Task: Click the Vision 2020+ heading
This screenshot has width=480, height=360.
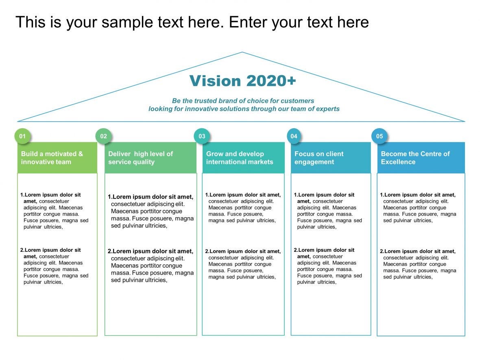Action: click(x=242, y=81)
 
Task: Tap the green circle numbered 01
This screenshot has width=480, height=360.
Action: click(x=22, y=136)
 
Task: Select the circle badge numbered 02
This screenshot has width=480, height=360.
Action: click(x=103, y=136)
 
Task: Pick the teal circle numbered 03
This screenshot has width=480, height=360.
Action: click(x=202, y=136)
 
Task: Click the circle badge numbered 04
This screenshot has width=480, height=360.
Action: click(x=294, y=136)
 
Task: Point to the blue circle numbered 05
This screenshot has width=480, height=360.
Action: click(x=380, y=136)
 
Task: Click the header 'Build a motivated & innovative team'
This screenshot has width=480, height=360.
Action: click(x=52, y=158)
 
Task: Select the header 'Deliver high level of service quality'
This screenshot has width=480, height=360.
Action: click(x=140, y=158)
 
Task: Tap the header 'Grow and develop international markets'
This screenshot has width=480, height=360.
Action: click(x=240, y=158)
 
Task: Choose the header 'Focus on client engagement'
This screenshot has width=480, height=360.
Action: click(x=319, y=158)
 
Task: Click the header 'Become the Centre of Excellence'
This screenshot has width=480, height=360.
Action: click(x=415, y=158)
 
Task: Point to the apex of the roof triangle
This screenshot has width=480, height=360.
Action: click(x=242, y=52)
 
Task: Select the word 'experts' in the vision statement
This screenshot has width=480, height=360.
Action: click(x=328, y=109)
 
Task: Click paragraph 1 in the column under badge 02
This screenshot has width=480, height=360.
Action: click(x=151, y=211)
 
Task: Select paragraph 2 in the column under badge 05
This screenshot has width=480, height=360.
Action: click(x=418, y=264)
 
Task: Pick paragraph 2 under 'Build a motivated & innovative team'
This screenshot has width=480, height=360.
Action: click(x=55, y=266)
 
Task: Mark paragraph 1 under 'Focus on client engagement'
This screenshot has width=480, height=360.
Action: click(x=328, y=211)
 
